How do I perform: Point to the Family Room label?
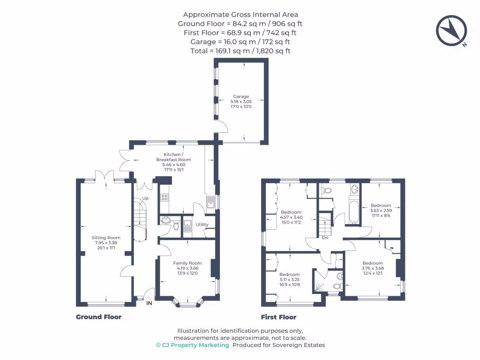(x=187, y=263)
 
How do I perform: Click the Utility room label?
(x=202, y=225)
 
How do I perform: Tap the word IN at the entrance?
(x=149, y=303)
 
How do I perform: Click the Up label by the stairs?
(x=145, y=199)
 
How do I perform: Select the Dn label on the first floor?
(x=324, y=238)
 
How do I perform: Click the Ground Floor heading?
(x=98, y=317)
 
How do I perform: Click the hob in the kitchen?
(x=165, y=197)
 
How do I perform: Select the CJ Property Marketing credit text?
(x=193, y=345)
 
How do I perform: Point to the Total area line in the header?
(x=240, y=51)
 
